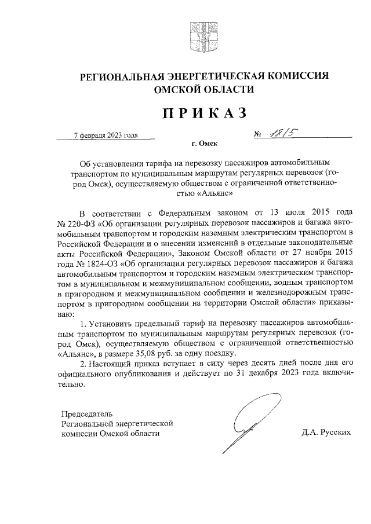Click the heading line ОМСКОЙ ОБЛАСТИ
(x=203, y=90)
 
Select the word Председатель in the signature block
(x=88, y=413)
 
